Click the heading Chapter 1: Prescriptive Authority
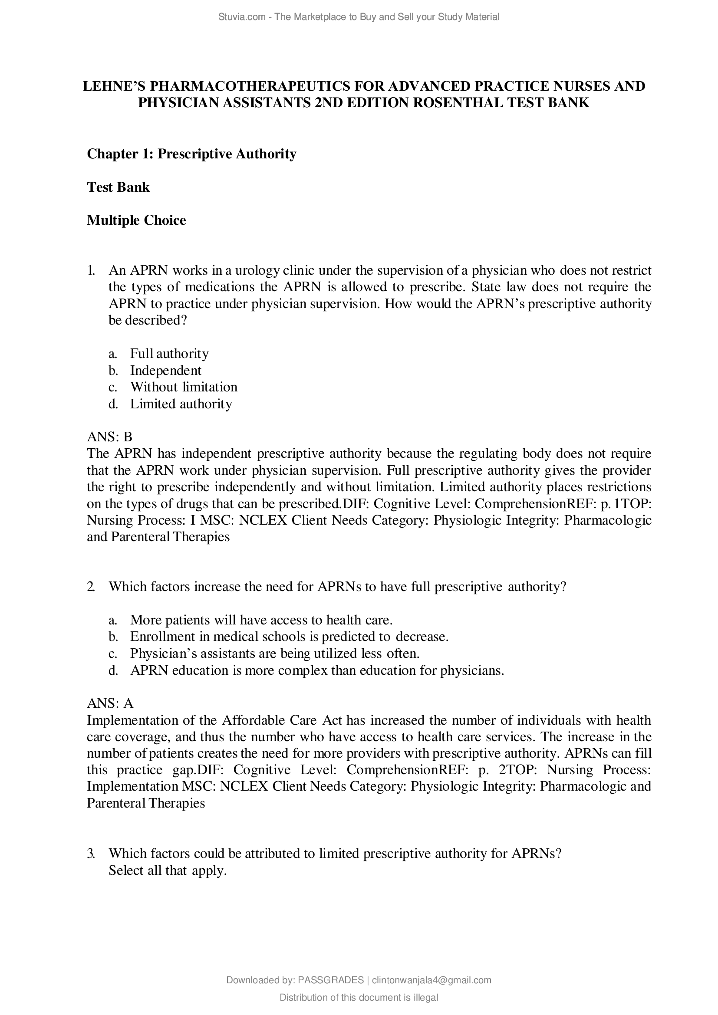(x=191, y=154)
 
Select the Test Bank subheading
(x=118, y=187)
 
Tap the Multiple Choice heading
(x=136, y=220)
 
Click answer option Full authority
(x=169, y=354)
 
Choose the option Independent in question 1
(x=165, y=371)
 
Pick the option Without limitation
(x=184, y=387)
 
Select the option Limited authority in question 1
(x=181, y=404)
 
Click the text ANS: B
(x=110, y=437)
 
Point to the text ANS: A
(x=110, y=703)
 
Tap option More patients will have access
(x=261, y=620)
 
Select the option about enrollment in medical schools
(x=289, y=637)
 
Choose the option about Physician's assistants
(x=274, y=654)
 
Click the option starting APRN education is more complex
(x=316, y=670)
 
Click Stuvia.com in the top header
(x=241, y=17)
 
